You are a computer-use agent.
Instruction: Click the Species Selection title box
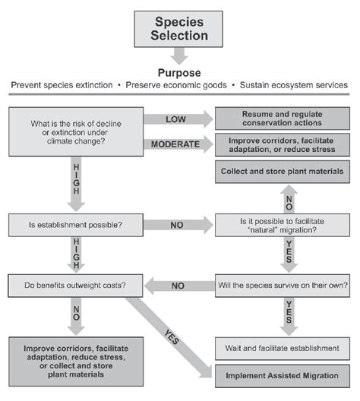[179, 29]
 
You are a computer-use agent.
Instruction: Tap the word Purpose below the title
[179, 72]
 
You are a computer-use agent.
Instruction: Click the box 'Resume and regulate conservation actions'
[283, 118]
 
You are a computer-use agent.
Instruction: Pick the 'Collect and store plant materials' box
[283, 172]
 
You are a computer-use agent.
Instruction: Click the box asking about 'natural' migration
[283, 225]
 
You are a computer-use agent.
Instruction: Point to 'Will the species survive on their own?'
[283, 286]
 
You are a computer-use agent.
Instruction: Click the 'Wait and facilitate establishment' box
[283, 348]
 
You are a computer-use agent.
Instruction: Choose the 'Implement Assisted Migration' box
[283, 375]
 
